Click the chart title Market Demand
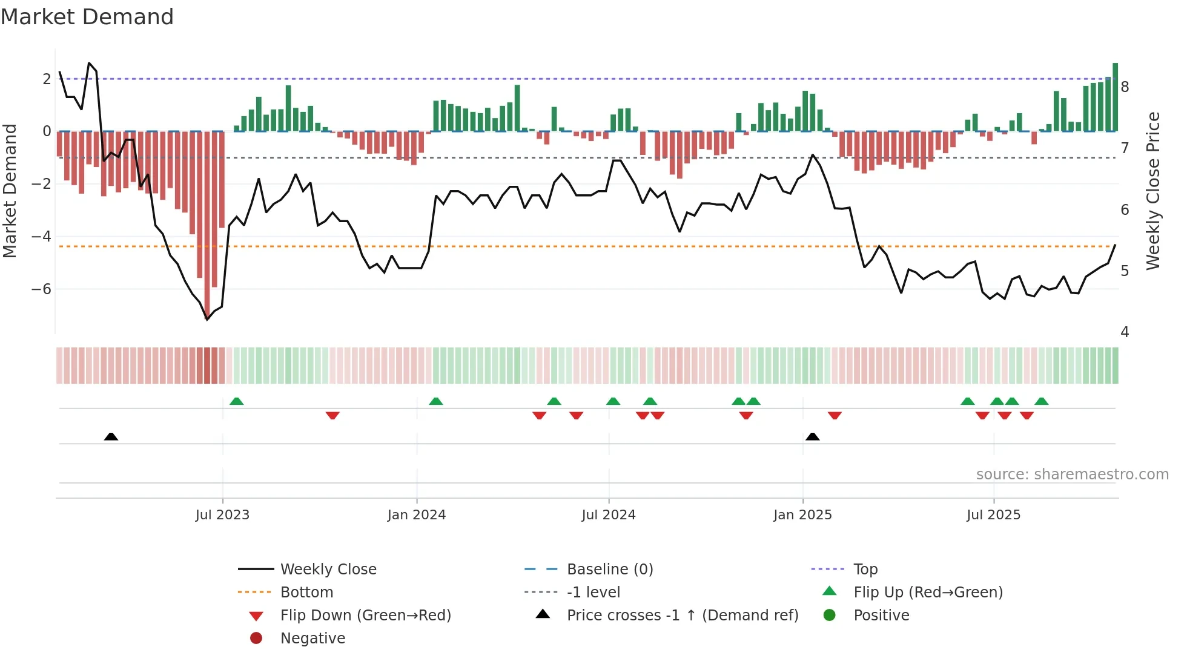click(x=87, y=17)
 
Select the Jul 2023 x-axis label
click(x=222, y=515)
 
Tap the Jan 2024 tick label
click(x=417, y=515)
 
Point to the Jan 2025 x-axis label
click(x=802, y=515)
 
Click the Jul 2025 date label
click(x=993, y=515)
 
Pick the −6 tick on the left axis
click(x=41, y=289)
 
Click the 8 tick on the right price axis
click(x=1125, y=87)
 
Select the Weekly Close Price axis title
click(x=1153, y=191)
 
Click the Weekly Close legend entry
click(x=328, y=570)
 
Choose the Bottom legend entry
click(x=306, y=593)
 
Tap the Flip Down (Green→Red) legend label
click(x=365, y=616)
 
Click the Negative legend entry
click(x=312, y=639)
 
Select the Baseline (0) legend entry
click(x=609, y=570)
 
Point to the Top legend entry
click(x=865, y=570)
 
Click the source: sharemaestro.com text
click(x=1072, y=475)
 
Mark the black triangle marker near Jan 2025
click(x=813, y=437)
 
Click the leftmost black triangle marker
click(x=111, y=437)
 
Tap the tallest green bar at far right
click(x=1115, y=97)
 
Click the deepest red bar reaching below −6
click(x=207, y=224)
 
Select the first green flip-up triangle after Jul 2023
click(x=237, y=401)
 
